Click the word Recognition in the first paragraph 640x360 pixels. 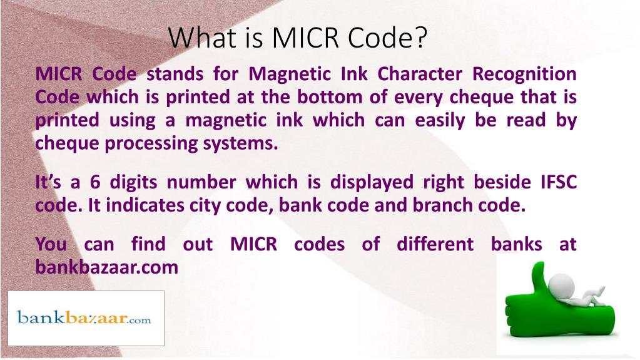524,74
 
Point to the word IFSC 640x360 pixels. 557,182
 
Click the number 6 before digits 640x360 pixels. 95,182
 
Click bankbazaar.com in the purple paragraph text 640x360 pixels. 107,267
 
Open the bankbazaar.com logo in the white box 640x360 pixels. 85,318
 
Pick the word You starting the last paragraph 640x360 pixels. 51,244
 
